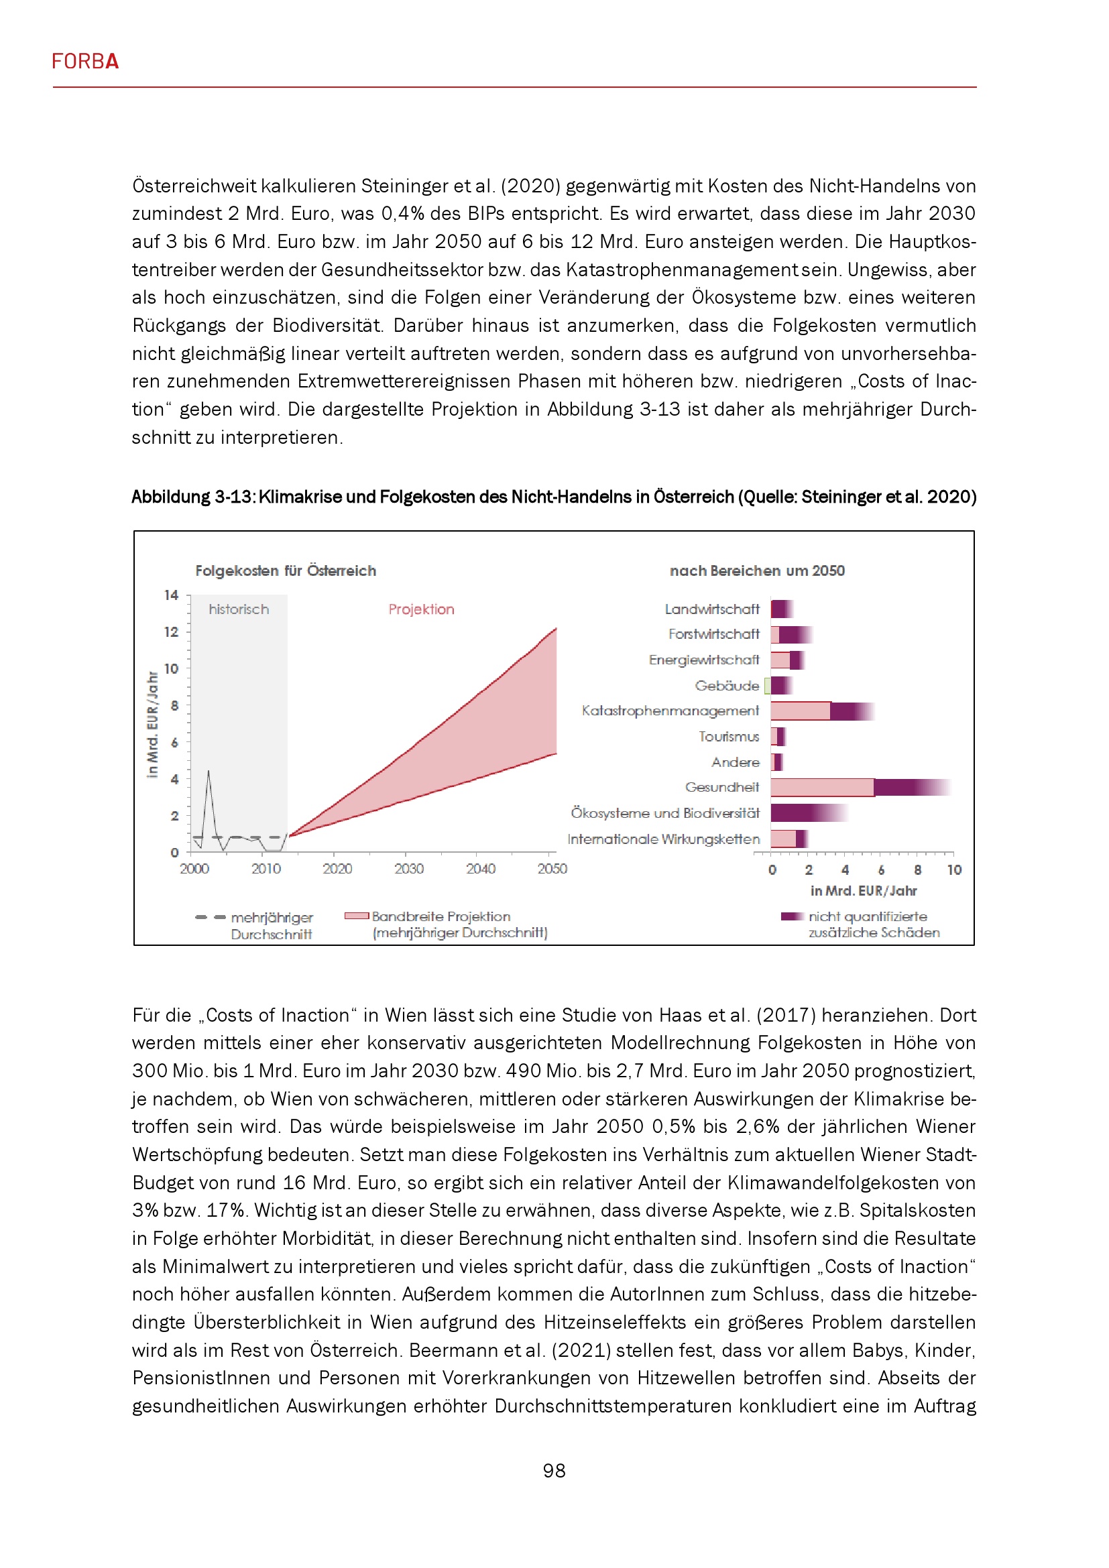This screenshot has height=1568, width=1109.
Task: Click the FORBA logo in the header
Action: [x=85, y=62]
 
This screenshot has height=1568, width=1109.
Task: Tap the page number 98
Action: [x=554, y=1470]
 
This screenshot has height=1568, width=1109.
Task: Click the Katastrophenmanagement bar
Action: [x=821, y=711]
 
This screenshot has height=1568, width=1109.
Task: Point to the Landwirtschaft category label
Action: [x=711, y=609]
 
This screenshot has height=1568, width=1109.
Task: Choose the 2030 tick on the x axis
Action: [x=408, y=869]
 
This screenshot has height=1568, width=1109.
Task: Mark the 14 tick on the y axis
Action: [x=171, y=595]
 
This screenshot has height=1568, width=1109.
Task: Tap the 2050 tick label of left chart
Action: [x=552, y=869]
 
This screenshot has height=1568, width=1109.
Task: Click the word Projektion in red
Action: [x=421, y=609]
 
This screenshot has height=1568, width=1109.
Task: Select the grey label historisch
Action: [x=238, y=609]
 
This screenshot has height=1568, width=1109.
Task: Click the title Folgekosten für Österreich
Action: [x=286, y=571]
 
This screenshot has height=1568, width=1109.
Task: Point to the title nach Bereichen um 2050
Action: [x=756, y=571]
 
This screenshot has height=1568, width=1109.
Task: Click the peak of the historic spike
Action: [x=209, y=772]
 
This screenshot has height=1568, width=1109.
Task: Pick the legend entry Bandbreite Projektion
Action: [x=441, y=916]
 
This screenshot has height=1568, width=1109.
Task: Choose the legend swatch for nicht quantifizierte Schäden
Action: [x=792, y=916]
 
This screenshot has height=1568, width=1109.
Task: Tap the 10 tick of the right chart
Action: [x=953, y=870]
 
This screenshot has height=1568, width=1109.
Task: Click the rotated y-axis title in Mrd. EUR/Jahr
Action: [x=153, y=724]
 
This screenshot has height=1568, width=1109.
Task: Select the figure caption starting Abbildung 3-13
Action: [x=554, y=497]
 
